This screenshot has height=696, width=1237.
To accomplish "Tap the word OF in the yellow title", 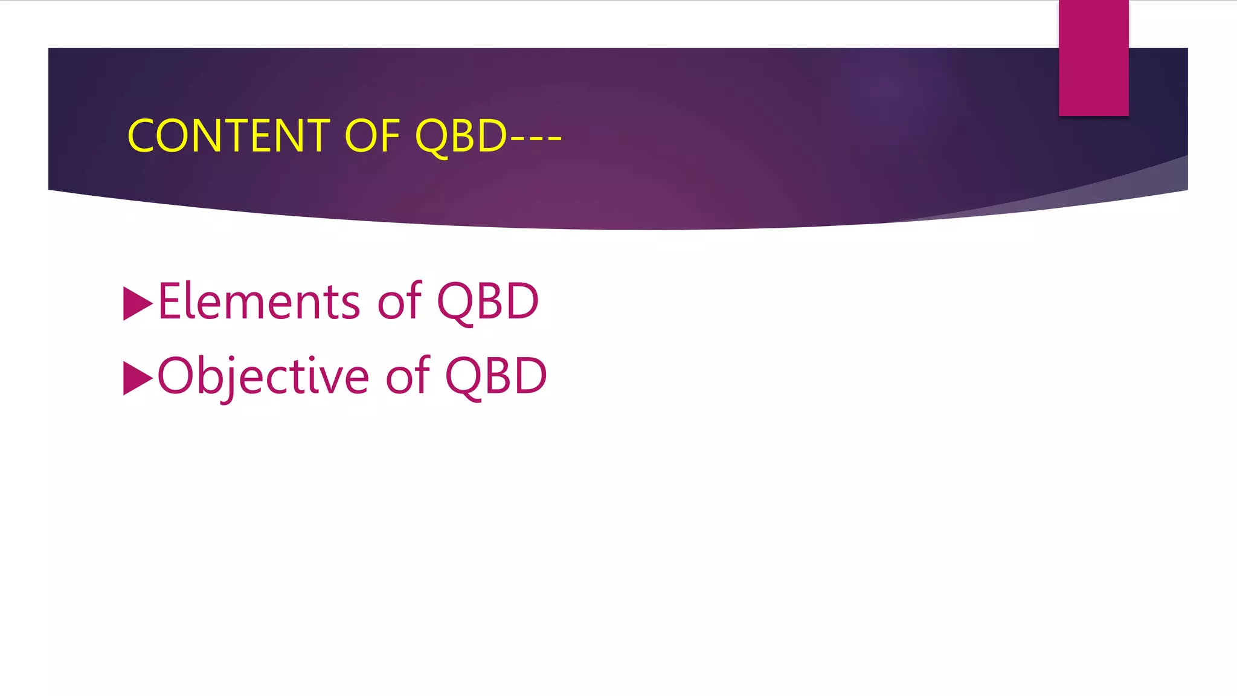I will tap(372, 136).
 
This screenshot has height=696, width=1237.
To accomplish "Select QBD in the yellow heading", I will tap(461, 136).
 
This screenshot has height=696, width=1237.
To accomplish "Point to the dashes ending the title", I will tap(536, 137).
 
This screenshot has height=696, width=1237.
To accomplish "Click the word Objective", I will tap(263, 376).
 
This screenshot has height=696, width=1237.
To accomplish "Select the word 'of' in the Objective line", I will tap(408, 376).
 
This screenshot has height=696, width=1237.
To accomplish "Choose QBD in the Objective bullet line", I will tap(496, 376).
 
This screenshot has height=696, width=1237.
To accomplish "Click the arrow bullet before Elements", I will tap(137, 303).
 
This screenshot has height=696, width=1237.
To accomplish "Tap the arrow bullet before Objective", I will tap(137, 378).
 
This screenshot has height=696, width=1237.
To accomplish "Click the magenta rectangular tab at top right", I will tap(1093, 57).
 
